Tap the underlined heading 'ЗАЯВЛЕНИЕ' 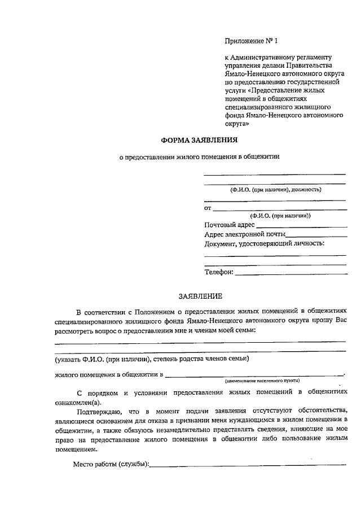[x=200, y=296]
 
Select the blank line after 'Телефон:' [x=290, y=274]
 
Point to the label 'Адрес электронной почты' [x=245, y=234]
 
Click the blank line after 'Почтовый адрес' [x=301, y=226]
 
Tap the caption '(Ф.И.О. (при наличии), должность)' [x=275, y=190]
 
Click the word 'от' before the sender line [x=207, y=208]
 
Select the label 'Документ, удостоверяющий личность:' [x=264, y=243]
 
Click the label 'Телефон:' [x=219, y=272]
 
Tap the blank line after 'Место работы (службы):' [x=248, y=465]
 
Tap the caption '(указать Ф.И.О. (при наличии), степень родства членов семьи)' [x=151, y=359]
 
